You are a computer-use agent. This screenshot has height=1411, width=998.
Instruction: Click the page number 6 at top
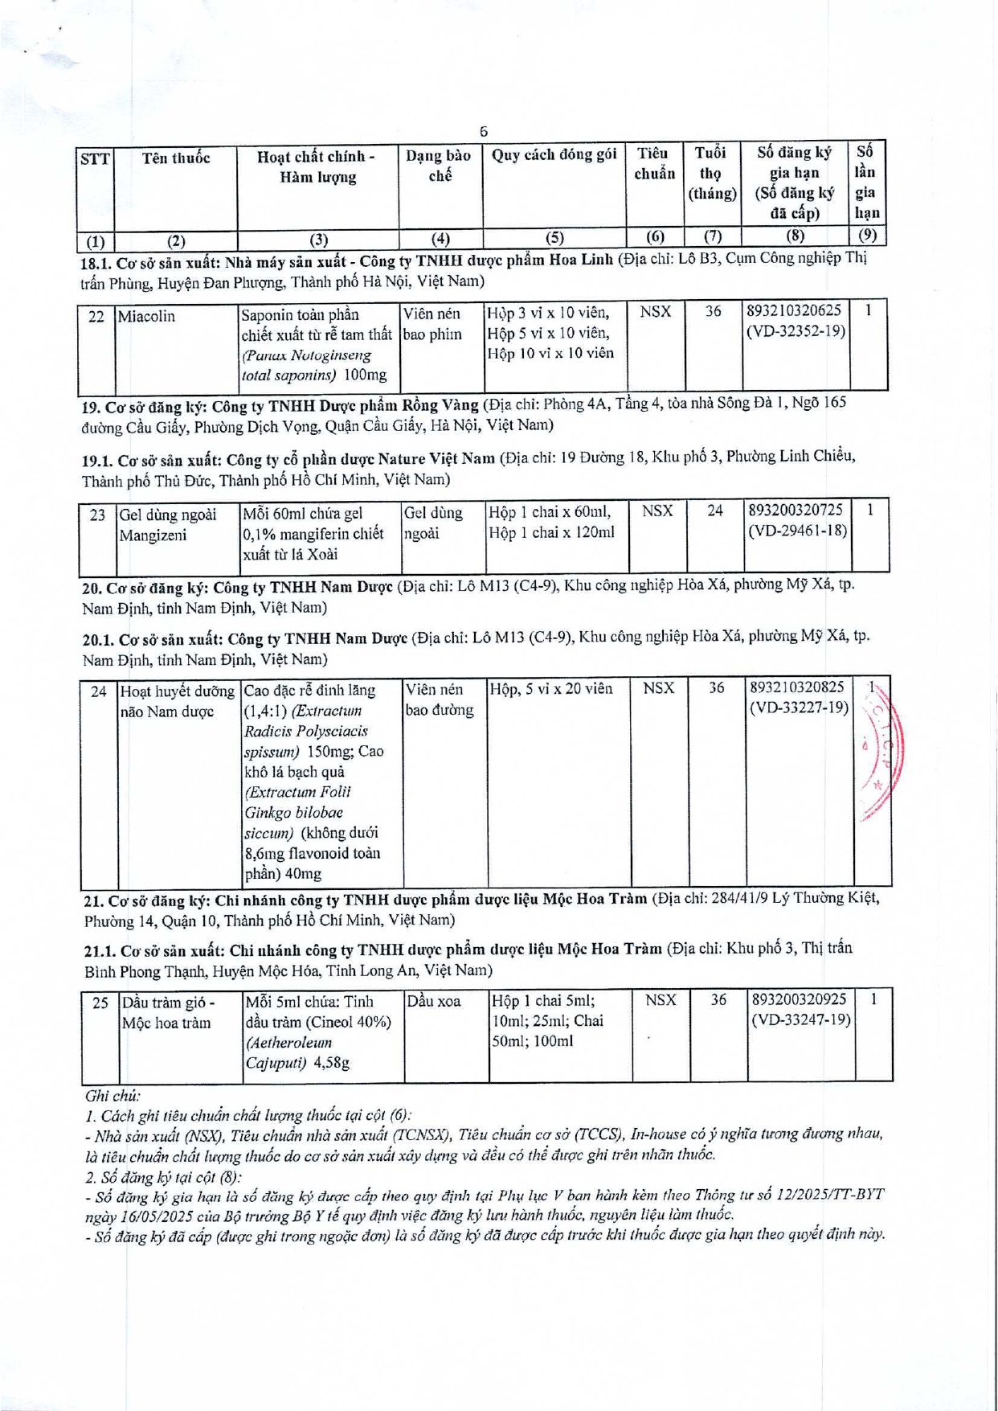click(x=483, y=131)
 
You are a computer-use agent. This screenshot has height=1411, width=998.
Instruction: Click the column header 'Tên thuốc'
click(x=176, y=158)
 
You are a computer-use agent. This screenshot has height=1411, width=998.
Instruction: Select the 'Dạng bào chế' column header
click(x=439, y=166)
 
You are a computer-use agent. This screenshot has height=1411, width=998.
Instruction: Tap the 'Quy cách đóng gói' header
click(x=554, y=155)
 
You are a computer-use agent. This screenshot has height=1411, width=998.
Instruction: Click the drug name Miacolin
click(x=146, y=317)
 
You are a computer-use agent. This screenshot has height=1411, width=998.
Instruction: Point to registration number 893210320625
click(x=794, y=310)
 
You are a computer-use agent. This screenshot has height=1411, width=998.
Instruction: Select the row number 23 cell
click(x=97, y=515)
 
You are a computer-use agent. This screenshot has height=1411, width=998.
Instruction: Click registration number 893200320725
click(x=796, y=510)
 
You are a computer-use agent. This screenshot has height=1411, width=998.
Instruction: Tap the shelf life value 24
click(x=714, y=510)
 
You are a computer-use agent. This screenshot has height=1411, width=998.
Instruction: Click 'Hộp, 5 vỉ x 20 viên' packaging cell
click(x=551, y=689)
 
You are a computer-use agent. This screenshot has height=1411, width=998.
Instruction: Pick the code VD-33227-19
click(x=799, y=708)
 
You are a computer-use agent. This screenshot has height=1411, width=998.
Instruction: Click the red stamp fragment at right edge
click(x=883, y=752)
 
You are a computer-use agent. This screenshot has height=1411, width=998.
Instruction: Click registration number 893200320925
click(x=799, y=999)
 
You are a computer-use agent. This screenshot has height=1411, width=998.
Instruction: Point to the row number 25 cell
click(x=100, y=1003)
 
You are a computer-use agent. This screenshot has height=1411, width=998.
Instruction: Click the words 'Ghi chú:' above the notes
click(x=112, y=1095)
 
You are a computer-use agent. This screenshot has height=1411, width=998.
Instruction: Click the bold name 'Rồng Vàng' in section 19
click(x=444, y=405)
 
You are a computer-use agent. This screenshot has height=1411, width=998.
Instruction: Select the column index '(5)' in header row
click(x=554, y=237)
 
